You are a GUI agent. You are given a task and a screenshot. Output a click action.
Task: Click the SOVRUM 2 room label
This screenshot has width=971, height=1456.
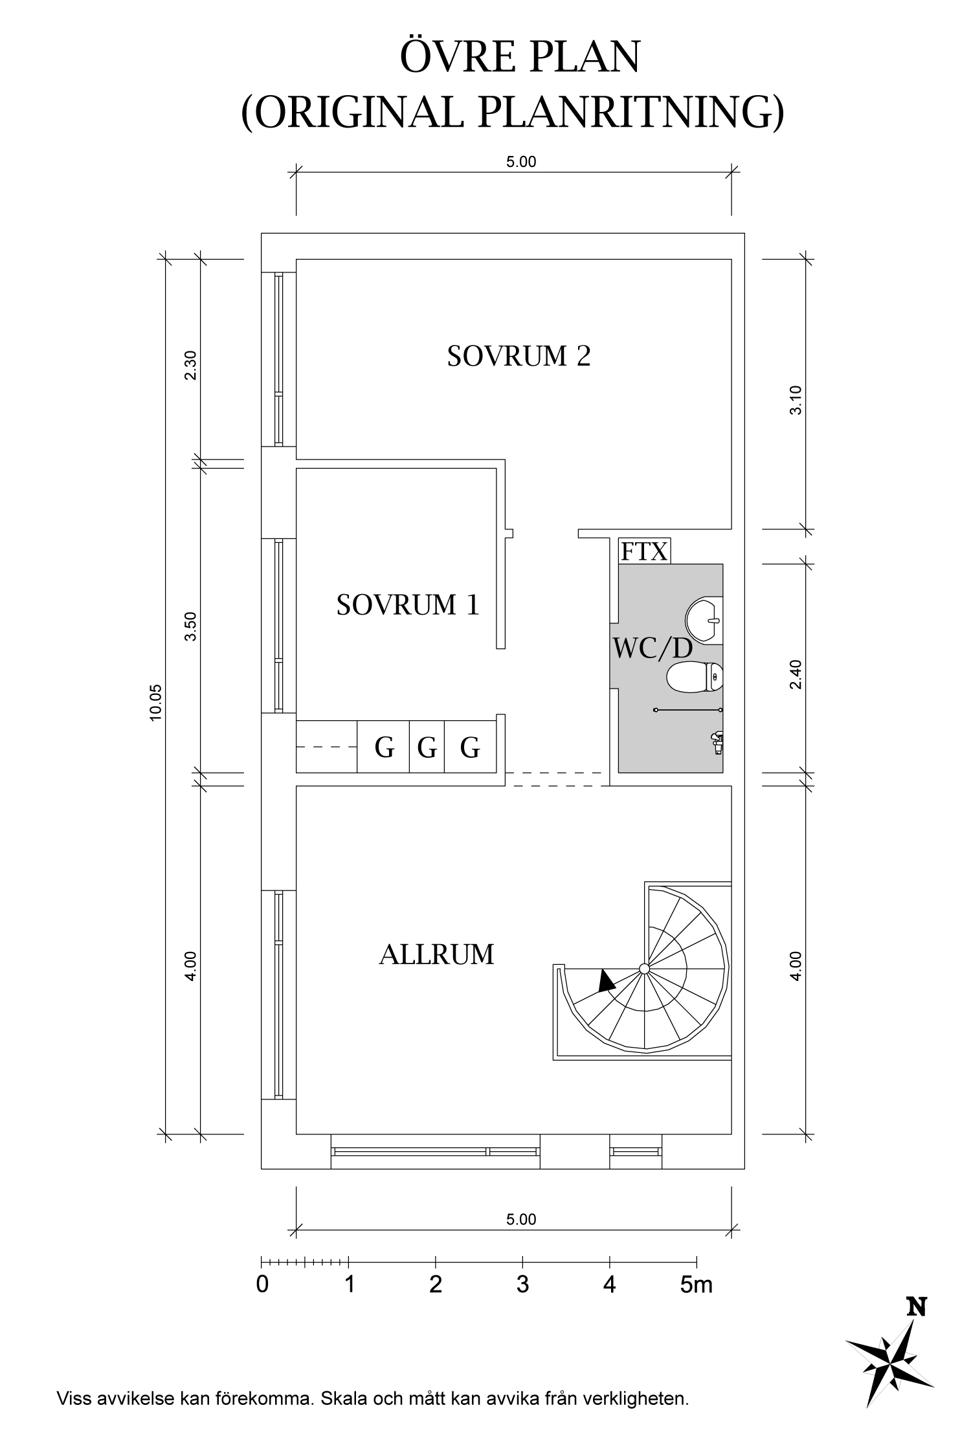click(x=519, y=357)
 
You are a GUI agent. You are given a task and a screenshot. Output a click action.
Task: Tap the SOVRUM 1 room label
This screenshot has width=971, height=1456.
click(x=408, y=605)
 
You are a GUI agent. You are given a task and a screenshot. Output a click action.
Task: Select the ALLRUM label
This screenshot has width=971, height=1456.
click(x=436, y=955)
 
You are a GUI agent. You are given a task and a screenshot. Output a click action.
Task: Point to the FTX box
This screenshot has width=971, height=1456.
click(x=643, y=551)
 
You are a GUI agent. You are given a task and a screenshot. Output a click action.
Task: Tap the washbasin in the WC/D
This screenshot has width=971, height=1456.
click(x=704, y=619)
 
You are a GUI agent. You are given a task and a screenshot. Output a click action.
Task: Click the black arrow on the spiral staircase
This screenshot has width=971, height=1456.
click(x=606, y=981)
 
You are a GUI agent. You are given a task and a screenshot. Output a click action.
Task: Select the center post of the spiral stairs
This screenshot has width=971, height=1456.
click(x=644, y=968)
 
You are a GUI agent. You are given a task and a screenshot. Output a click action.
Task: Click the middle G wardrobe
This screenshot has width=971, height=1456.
click(x=427, y=748)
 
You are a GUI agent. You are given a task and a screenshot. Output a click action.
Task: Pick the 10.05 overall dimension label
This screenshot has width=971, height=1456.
click(x=155, y=702)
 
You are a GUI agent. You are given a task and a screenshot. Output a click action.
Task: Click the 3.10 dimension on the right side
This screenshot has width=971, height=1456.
click(x=796, y=400)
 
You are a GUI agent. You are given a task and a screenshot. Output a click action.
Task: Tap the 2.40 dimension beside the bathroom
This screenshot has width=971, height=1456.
click(x=796, y=674)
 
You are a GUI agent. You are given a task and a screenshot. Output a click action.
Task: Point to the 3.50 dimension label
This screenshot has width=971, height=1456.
click(x=190, y=626)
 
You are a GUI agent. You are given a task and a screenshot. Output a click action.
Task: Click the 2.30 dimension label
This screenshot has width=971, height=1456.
click(x=190, y=366)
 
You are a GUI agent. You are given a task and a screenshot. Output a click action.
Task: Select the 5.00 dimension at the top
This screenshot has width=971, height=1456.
click(x=521, y=162)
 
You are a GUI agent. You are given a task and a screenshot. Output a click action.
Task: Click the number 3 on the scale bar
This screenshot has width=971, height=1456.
click(x=522, y=1284)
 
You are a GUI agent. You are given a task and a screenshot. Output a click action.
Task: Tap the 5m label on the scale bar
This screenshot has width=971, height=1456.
click(x=696, y=1284)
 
